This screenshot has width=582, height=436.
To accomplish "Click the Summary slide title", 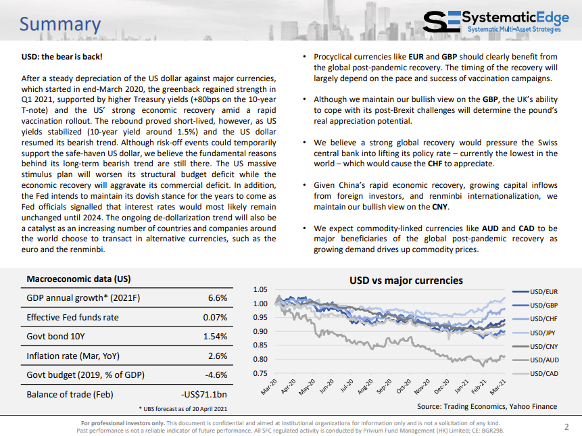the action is (x=60, y=24).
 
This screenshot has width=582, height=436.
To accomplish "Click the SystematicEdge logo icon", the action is (x=441, y=22).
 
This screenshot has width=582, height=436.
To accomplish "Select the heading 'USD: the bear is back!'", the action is (x=62, y=57).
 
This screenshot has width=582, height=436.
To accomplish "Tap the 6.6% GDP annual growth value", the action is (x=218, y=298).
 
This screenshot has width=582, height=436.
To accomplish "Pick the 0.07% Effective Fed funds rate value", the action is (x=215, y=317).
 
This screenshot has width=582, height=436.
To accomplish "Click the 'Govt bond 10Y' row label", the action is (x=55, y=337).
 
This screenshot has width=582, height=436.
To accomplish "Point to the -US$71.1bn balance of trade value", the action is (x=203, y=395).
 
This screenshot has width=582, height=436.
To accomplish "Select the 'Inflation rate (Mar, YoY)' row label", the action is (x=73, y=356).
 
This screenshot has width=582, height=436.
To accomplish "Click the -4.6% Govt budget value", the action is (x=216, y=375).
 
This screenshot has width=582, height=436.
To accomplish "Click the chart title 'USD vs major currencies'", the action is (x=406, y=281).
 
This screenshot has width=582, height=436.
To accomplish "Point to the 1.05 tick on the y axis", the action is (x=260, y=289).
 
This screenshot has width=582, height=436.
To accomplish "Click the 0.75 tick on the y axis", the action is (x=260, y=373).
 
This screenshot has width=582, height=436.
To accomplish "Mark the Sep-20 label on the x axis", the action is (x=384, y=386).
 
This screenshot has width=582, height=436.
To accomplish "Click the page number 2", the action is (x=566, y=427).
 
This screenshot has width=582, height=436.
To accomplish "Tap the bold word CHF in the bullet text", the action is (x=435, y=164).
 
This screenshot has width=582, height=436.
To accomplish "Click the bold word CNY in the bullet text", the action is (x=440, y=207).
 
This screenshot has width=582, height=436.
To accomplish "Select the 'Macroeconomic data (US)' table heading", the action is (x=78, y=279).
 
